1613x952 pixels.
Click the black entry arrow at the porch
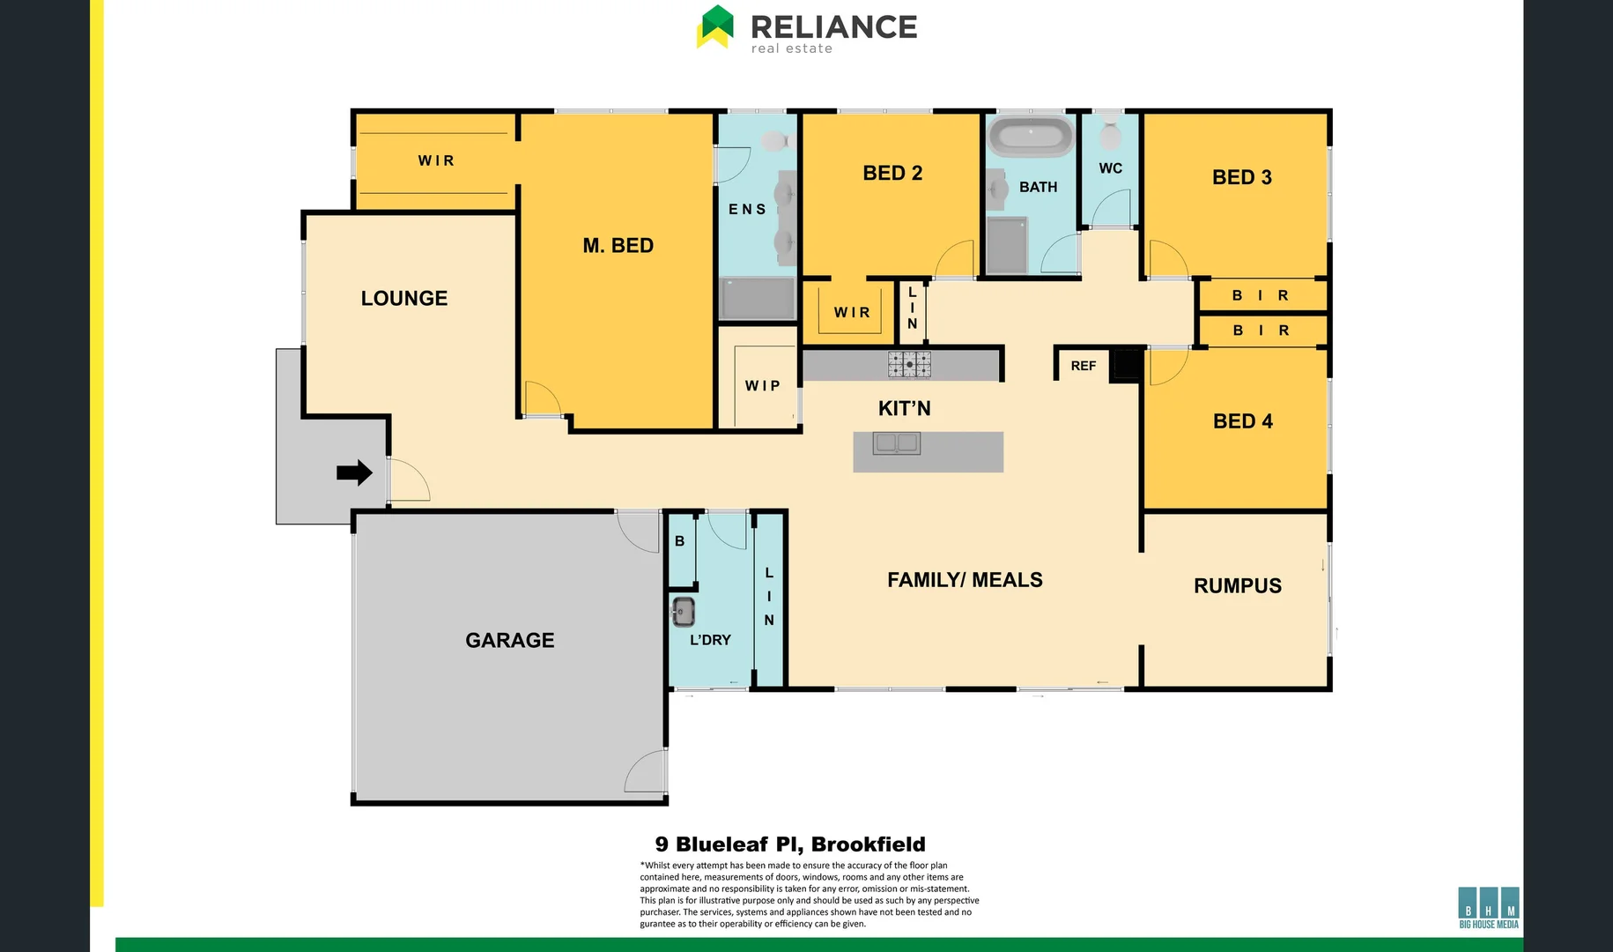tap(354, 472)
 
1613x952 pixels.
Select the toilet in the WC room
tap(1110, 133)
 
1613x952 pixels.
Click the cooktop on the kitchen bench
tap(909, 364)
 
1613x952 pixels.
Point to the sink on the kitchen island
tap(897, 443)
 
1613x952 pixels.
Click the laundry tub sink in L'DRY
tap(684, 611)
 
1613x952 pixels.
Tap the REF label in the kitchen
tap(1084, 366)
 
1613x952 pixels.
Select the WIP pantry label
tap(762, 386)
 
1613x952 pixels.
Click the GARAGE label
tap(509, 641)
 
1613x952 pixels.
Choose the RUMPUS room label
tap(1237, 586)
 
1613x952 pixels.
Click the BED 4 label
tap(1242, 421)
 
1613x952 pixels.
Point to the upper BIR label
tap(1261, 296)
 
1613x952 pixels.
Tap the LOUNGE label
tap(404, 299)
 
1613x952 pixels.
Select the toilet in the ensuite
tap(773, 141)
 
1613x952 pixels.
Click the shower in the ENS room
tap(758, 299)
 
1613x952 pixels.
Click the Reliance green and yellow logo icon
tap(715, 26)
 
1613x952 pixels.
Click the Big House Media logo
tap(1489, 907)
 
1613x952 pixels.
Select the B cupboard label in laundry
tap(679, 541)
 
